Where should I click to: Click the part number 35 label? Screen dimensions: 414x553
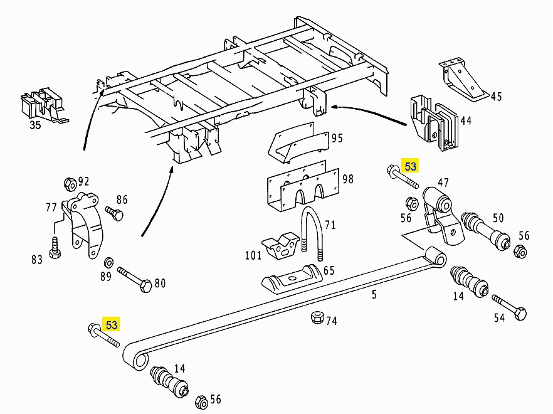click(34, 124)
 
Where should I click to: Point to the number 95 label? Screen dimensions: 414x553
click(337, 138)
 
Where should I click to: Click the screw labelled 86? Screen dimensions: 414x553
click(114, 213)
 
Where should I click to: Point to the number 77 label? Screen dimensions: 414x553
click(52, 207)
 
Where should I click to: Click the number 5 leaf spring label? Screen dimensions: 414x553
click(374, 294)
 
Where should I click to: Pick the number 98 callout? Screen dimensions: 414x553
click(348, 179)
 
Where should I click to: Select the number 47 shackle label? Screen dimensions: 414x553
click(443, 183)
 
